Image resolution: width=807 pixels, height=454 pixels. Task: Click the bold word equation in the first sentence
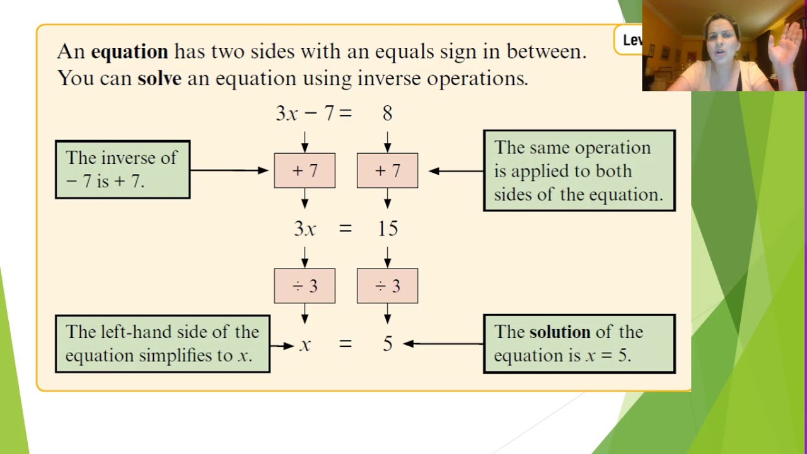[x=129, y=52]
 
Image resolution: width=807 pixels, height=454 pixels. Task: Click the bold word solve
[x=159, y=78]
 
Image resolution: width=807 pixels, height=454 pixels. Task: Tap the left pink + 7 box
[x=305, y=170]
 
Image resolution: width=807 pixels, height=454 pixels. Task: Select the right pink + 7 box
[x=387, y=170]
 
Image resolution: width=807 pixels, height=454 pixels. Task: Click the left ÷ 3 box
[x=305, y=286]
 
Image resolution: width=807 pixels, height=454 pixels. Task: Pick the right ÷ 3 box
[x=387, y=286]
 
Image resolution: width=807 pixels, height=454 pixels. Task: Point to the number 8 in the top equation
[x=387, y=113]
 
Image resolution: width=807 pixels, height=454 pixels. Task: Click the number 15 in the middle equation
[x=388, y=228]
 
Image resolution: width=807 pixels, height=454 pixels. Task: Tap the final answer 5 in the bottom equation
[x=388, y=344]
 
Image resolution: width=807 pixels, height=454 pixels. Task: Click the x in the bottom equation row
[x=305, y=344]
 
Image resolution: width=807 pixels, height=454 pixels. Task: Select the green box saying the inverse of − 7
[x=122, y=170]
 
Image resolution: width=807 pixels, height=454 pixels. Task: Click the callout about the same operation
[x=579, y=170]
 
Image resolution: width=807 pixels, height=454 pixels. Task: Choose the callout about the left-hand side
[x=163, y=344]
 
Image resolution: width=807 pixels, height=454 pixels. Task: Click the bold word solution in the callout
[x=559, y=332]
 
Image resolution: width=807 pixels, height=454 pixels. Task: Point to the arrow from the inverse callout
[x=229, y=170]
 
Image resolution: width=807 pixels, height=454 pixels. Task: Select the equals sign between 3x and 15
[x=345, y=228]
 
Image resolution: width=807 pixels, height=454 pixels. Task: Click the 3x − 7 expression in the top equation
[x=305, y=113]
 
